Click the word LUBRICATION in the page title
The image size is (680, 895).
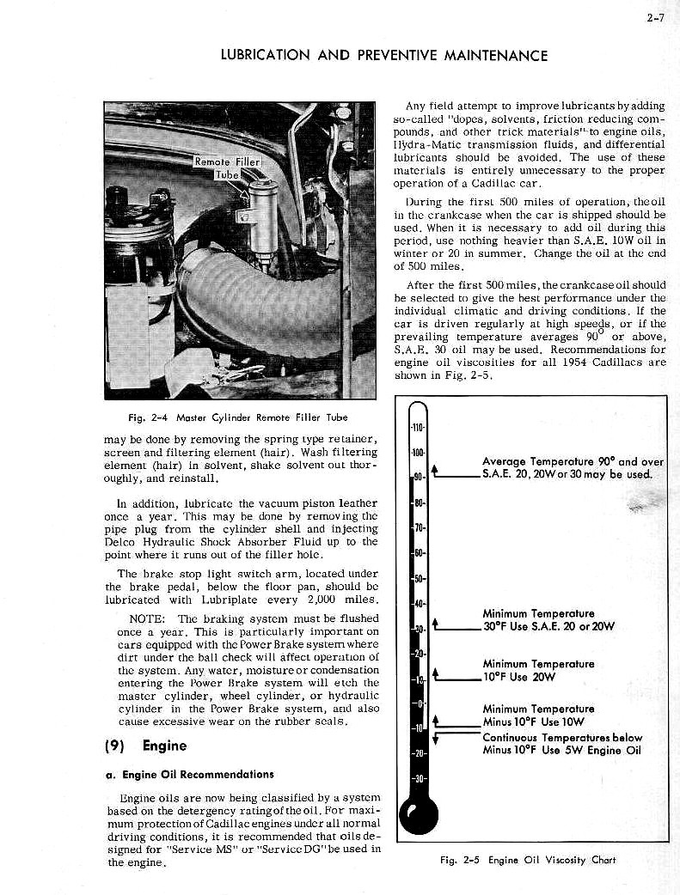pyautogui.click(x=265, y=56)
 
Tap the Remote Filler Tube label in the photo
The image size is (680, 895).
pyautogui.click(x=226, y=167)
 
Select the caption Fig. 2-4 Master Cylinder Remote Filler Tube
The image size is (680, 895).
pyautogui.click(x=237, y=417)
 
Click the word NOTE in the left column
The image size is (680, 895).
pyautogui.click(x=146, y=618)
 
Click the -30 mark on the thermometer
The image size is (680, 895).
pyautogui.click(x=419, y=779)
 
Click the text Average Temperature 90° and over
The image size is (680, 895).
pyautogui.click(x=573, y=461)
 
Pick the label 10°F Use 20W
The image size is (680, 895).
pyautogui.click(x=519, y=676)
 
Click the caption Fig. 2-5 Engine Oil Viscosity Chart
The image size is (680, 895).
pyautogui.click(x=528, y=860)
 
